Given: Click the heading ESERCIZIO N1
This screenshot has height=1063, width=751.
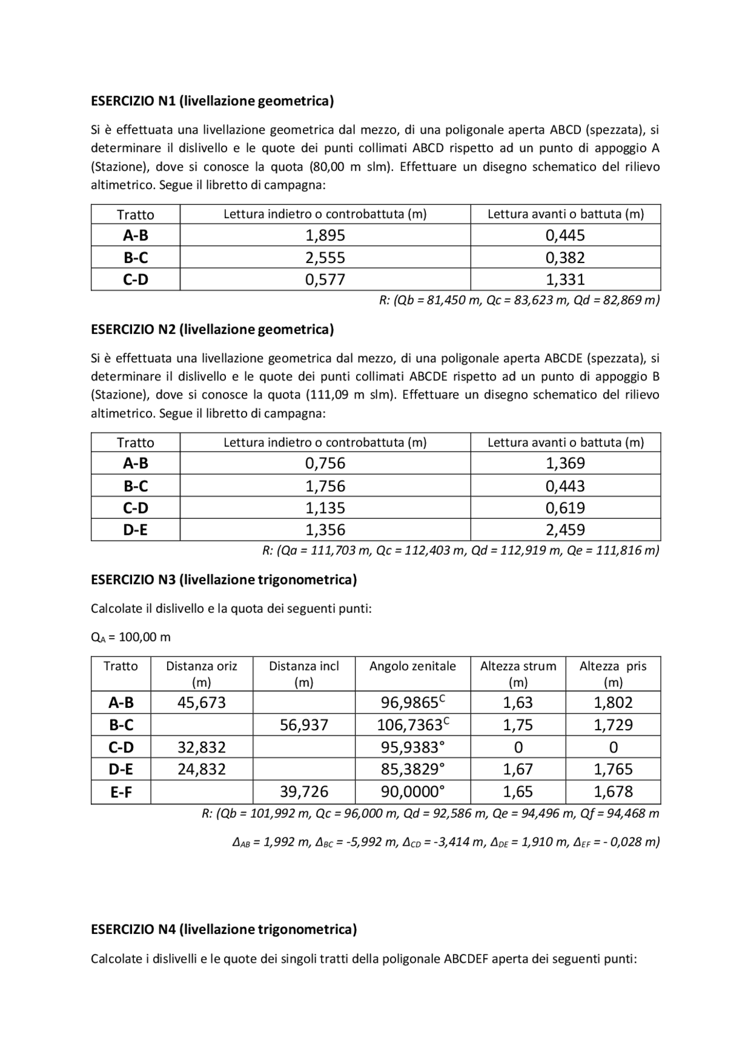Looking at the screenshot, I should (212, 101).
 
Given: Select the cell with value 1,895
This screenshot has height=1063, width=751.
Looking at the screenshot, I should (325, 235).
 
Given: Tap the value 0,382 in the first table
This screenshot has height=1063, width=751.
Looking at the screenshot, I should (565, 258).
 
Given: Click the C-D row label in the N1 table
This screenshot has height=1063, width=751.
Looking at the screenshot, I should (136, 279).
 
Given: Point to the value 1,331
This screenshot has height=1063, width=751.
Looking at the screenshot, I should (565, 279).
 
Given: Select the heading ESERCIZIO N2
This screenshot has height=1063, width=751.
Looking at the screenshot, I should (212, 329).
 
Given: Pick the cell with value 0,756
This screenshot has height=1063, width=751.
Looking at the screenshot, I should (325, 463).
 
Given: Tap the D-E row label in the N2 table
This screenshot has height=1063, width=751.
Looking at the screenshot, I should (136, 530).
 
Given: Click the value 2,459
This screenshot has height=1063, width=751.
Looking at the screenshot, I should (565, 530).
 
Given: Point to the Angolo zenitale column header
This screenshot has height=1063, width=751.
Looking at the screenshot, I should (412, 666).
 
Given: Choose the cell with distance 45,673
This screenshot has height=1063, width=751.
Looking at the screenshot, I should (201, 703).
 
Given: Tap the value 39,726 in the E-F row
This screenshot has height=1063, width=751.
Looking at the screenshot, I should (303, 792).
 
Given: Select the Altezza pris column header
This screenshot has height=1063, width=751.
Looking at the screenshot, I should (613, 666).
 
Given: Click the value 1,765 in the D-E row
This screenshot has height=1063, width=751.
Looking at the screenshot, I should (613, 770).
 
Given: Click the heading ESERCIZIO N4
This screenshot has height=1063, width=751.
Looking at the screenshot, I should (224, 929).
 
